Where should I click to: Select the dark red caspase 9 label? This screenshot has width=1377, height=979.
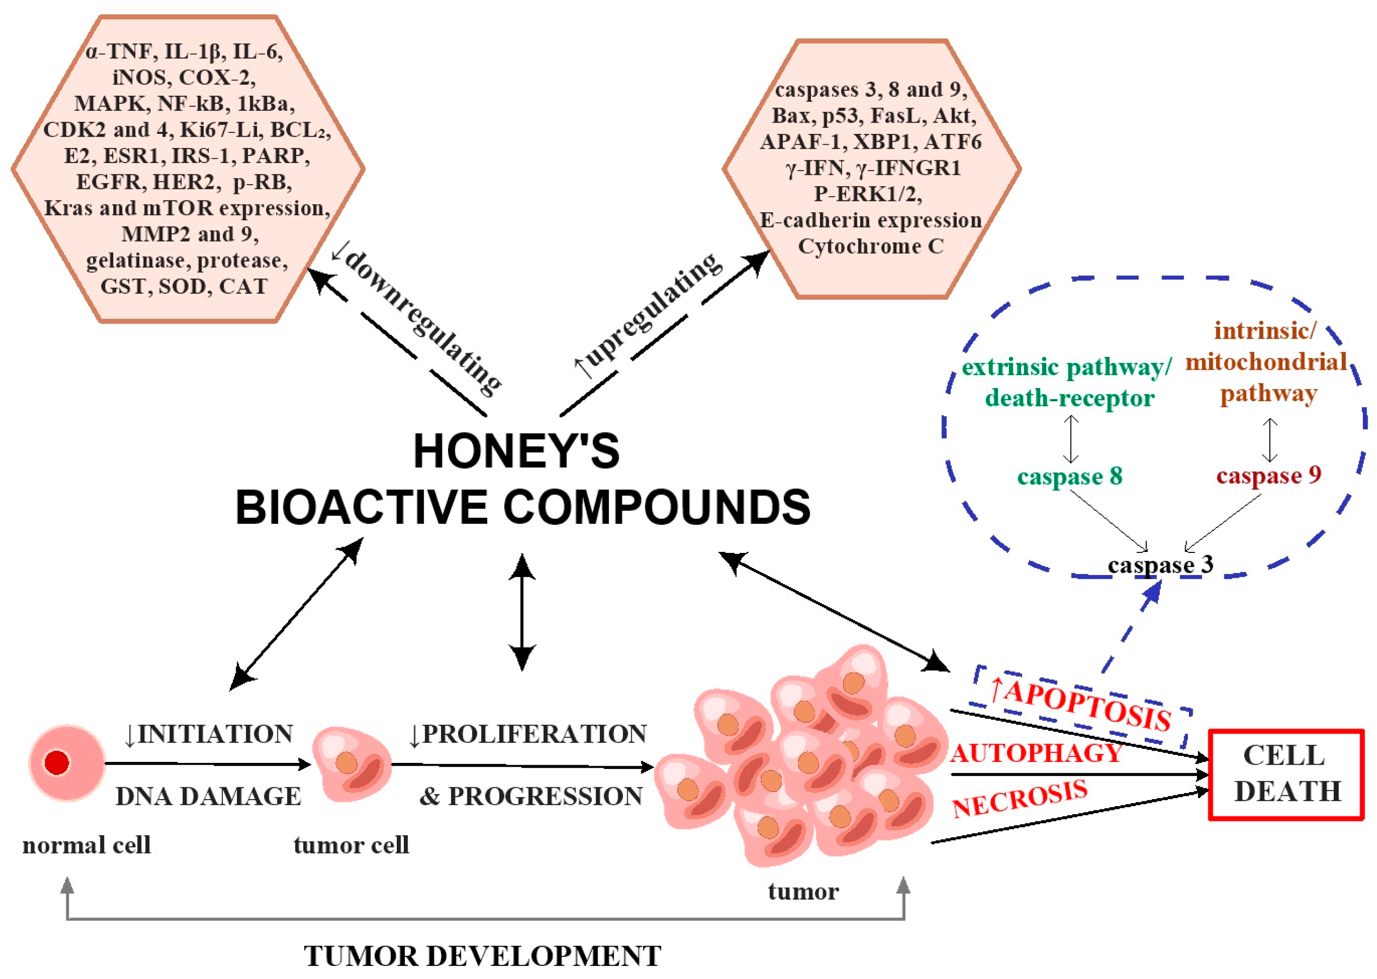click(1268, 475)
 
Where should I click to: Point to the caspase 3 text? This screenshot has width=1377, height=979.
click(1160, 565)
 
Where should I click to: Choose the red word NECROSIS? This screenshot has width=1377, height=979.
click(1019, 799)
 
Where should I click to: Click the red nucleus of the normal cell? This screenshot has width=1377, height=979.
click(57, 762)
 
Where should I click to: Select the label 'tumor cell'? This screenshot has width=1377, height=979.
click(351, 845)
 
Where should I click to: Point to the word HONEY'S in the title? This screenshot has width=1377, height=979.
click(516, 451)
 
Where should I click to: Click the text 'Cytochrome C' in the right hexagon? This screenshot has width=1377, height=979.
click(870, 247)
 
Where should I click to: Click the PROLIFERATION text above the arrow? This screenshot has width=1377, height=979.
click(534, 734)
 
